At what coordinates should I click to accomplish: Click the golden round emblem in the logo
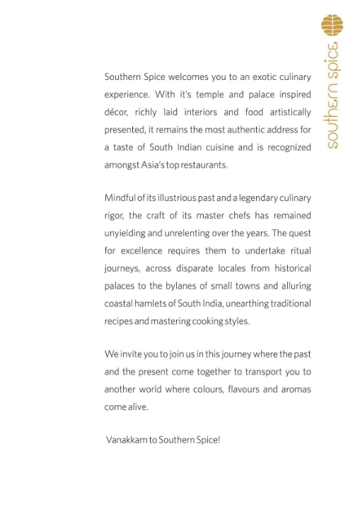click(x=332, y=25)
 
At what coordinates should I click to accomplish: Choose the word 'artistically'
click(x=288, y=112)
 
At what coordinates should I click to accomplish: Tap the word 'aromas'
click(x=294, y=389)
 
